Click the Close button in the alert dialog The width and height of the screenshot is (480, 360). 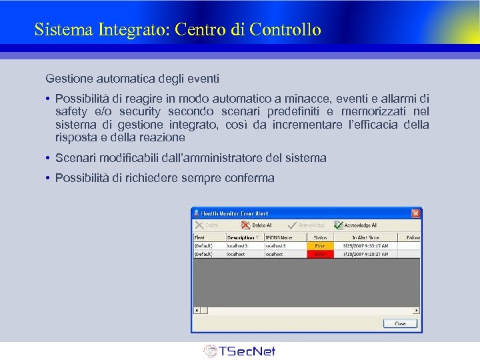point(400,323)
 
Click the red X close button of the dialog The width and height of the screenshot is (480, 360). point(416,213)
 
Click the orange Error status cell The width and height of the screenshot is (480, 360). point(321,245)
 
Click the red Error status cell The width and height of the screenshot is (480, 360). point(321,254)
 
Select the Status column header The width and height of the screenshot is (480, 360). point(321,237)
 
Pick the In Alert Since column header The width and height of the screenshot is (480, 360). point(365,237)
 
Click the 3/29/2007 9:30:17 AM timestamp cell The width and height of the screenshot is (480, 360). point(365,245)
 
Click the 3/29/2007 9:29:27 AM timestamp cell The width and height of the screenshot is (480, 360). point(365,254)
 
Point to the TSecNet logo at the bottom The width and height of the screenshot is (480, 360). point(239,351)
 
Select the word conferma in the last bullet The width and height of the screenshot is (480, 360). point(251,178)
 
